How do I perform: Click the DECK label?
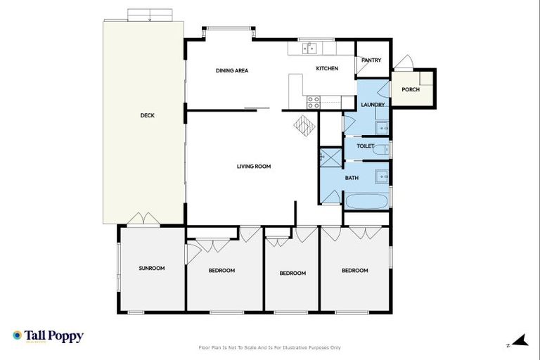coord(147,115)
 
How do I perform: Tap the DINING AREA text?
coord(231,70)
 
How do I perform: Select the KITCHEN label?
coord(327,68)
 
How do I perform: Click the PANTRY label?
coord(371,60)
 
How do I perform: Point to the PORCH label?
coord(411,89)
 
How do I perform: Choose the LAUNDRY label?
coord(372,105)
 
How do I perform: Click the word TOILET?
coord(365,146)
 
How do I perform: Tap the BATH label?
coord(352,178)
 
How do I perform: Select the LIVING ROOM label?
coord(253,167)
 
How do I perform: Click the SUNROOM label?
coord(151,268)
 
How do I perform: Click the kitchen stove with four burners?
coord(314,102)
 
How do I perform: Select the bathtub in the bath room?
coord(366,201)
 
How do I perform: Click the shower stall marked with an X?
coord(330,157)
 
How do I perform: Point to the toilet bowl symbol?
coord(380,149)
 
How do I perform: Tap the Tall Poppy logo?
coord(48,337)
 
